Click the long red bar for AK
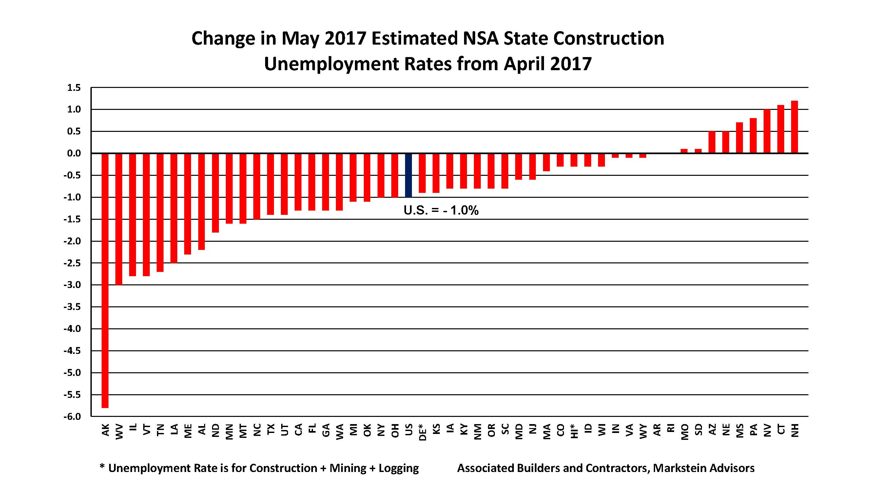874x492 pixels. tap(105, 280)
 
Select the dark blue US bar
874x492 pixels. tap(409, 175)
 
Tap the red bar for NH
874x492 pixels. tap(794, 127)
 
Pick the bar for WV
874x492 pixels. tap(119, 219)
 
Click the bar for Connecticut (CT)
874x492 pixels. tap(781, 129)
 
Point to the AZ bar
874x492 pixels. tap(712, 142)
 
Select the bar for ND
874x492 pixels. tap(215, 193)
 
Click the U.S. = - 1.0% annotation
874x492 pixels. tap(441, 211)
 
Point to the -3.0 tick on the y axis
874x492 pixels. tap(72, 285)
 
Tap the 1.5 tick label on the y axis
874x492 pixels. tap(74, 88)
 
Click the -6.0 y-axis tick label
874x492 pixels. tap(72, 417)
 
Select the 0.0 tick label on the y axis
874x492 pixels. tap(74, 154)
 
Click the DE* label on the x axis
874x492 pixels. tap(422, 432)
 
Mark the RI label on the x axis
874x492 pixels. tap(670, 429)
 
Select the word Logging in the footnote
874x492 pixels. tap(399, 469)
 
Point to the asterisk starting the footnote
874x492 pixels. tap(102, 466)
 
